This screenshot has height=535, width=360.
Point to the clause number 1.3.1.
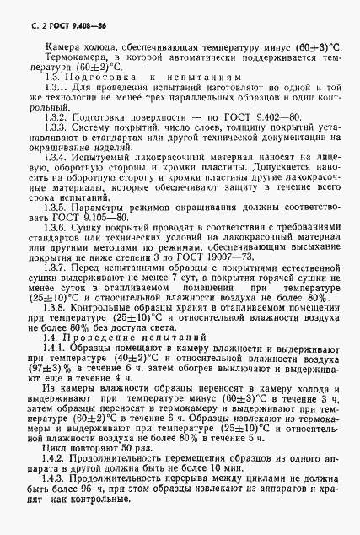point(56,87)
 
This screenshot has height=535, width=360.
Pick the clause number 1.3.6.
point(56,230)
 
